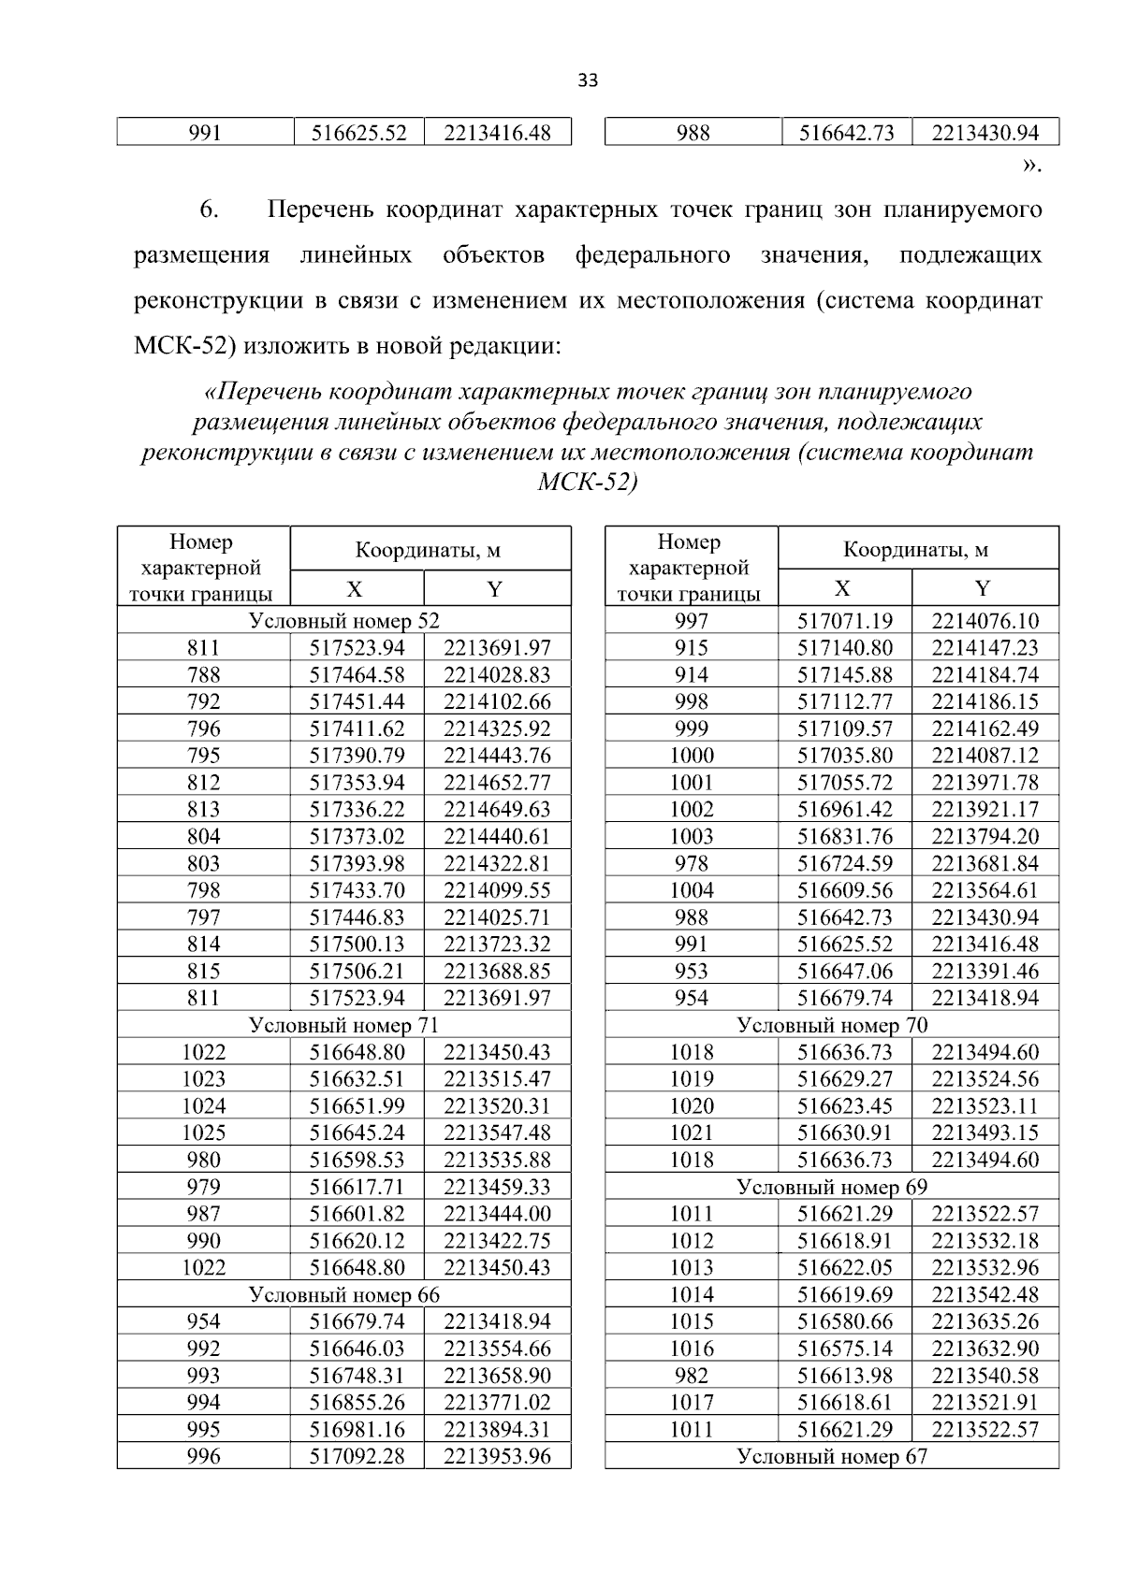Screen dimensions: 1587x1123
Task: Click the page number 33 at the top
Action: [588, 80]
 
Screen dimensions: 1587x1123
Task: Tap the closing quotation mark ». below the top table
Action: [1030, 166]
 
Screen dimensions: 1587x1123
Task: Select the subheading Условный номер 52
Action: [343, 620]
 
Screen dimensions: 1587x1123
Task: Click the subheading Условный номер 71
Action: [343, 1025]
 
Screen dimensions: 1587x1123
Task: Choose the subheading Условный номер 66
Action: [343, 1294]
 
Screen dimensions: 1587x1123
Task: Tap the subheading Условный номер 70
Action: [832, 1025]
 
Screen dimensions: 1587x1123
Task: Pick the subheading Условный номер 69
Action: [832, 1187]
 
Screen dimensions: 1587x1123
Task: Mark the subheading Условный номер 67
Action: [832, 1456]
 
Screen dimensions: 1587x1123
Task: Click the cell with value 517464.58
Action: [357, 674]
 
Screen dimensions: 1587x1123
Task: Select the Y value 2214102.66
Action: [497, 701]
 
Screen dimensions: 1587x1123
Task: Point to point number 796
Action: [203, 729]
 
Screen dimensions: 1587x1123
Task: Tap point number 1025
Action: [203, 1133]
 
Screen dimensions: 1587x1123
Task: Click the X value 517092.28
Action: [357, 1456]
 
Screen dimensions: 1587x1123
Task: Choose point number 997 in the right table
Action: [692, 621]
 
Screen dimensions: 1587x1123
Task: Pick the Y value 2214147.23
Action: [985, 647]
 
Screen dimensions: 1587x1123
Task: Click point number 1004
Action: [692, 890]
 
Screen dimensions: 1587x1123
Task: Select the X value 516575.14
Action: [845, 1349]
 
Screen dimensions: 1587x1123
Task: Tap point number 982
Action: [692, 1376]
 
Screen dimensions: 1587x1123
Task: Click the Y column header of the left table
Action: [496, 588]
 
